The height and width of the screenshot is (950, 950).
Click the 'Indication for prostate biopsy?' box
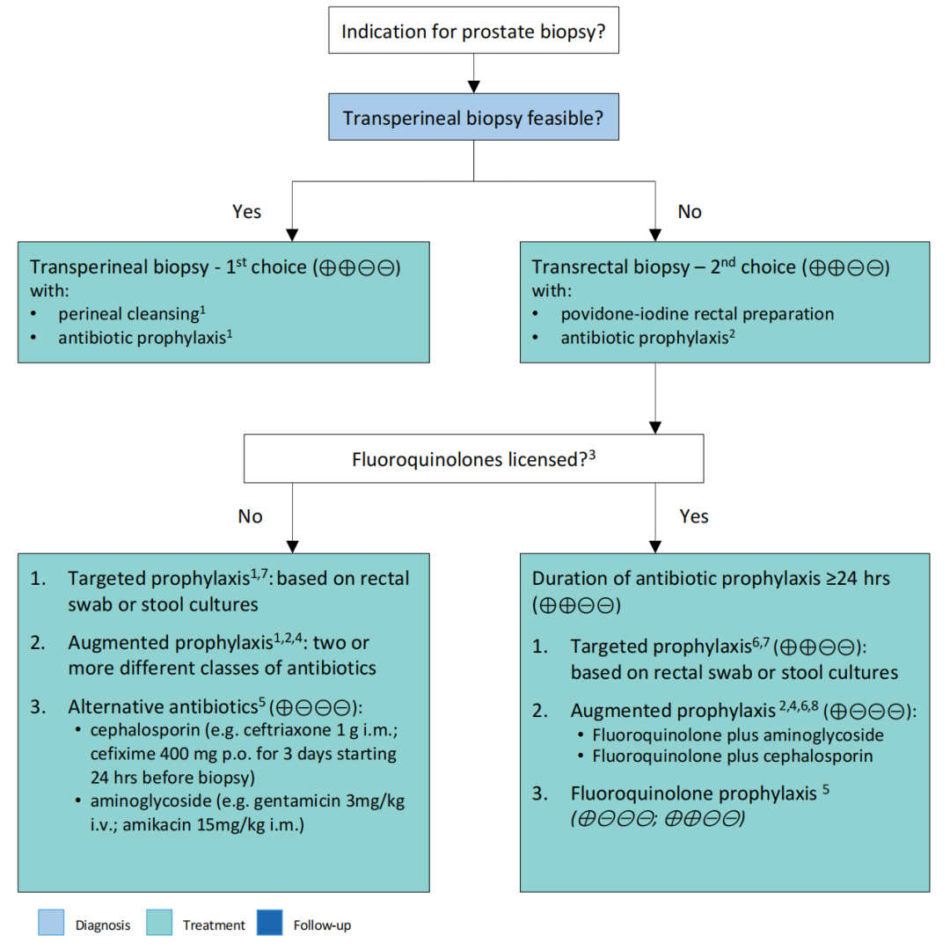pyautogui.click(x=473, y=30)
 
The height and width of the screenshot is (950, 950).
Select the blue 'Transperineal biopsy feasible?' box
pyautogui.click(x=473, y=117)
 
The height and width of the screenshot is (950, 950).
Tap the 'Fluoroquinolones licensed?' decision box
pyautogui.click(x=473, y=458)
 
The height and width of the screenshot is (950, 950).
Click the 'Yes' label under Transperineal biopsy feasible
pyautogui.click(x=246, y=211)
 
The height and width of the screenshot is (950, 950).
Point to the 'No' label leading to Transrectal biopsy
pyautogui.click(x=690, y=211)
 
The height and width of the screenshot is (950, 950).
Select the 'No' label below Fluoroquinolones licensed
pyautogui.click(x=250, y=516)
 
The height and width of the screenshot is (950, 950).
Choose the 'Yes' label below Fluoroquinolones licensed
pyautogui.click(x=694, y=516)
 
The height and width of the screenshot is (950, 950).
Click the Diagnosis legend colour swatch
pyautogui.click(x=51, y=922)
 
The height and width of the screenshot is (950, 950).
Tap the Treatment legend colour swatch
pyautogui.click(x=159, y=922)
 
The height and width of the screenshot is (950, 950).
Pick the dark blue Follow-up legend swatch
pyautogui.click(x=270, y=922)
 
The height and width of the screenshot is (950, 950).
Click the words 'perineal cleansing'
pyautogui.click(x=128, y=314)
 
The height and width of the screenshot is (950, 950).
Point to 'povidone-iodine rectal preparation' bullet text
pyautogui.click(x=698, y=314)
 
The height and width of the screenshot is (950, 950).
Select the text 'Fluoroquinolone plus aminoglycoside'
pyautogui.click(x=738, y=734)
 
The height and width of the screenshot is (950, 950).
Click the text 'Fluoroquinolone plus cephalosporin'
pyautogui.click(x=733, y=756)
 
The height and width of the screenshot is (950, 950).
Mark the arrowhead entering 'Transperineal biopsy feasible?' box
pyautogui.click(x=474, y=87)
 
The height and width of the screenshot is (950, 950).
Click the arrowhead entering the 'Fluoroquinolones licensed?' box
pyautogui.click(x=655, y=427)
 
